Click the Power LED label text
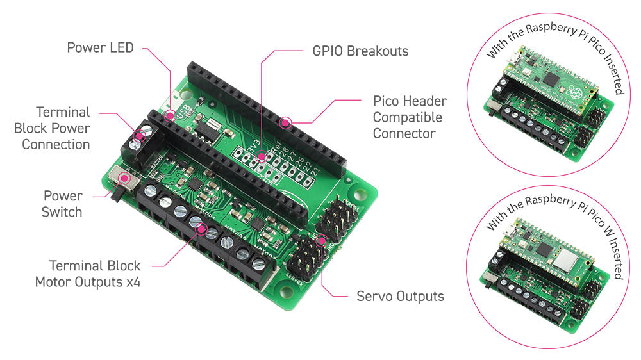coord(100,48)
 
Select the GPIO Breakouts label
coord(351,51)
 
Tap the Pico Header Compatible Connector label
coord(410,117)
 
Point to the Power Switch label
coord(62,203)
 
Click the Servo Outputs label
coord(400,297)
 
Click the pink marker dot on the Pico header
coord(286,120)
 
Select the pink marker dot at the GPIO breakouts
coord(261,156)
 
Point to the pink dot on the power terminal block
coord(137,136)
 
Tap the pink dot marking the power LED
coord(170,116)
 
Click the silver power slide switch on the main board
coord(122,179)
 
